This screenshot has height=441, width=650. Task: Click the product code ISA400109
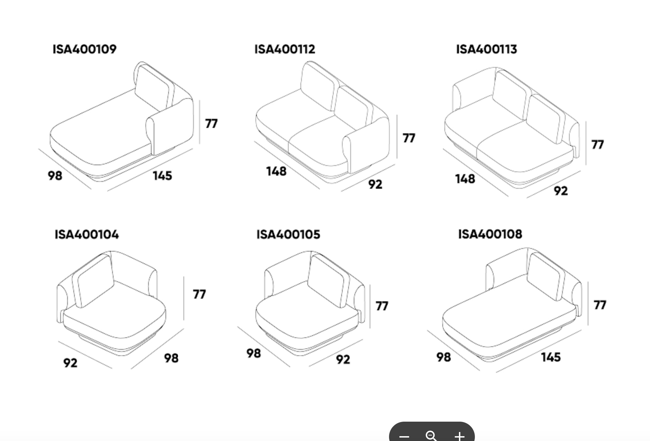pos(84,49)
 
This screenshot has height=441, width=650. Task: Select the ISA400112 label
pos(285,49)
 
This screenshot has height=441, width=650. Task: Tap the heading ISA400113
pos(486,49)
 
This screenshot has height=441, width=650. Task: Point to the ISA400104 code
pos(87,234)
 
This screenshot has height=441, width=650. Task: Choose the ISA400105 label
pos(288,234)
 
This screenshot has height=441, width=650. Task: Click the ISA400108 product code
pos(490,234)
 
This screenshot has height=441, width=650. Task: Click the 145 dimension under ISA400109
pos(162,176)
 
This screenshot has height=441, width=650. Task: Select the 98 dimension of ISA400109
pos(55,175)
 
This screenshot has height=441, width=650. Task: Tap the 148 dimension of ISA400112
pos(276,171)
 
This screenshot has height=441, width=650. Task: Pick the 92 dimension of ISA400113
pos(561,190)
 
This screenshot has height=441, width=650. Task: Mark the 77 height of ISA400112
pos(409,138)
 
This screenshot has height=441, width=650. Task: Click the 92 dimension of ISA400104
pos(70,363)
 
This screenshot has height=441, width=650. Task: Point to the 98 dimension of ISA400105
pos(254,353)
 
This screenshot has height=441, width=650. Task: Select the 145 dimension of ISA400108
pos(551,357)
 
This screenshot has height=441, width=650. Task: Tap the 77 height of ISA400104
pos(199,294)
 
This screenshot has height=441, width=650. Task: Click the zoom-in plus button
pos(459,436)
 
